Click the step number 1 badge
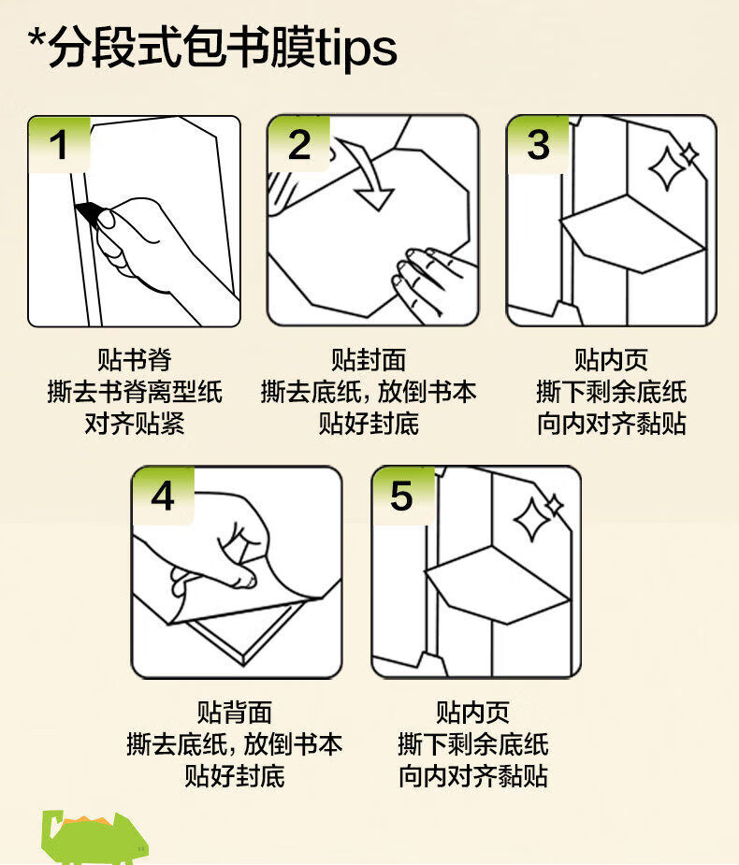tap(59, 145)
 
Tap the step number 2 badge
tap(298, 145)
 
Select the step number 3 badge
tap(538, 145)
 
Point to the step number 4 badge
tap(163, 496)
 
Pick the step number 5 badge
tap(402, 496)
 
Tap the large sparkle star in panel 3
tap(667, 169)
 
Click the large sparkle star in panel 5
tap(532, 520)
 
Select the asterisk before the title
tap(37, 41)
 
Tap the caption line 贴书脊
tap(135, 360)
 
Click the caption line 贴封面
tap(369, 360)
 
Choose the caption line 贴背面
tap(235, 712)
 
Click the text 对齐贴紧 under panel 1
tap(135, 424)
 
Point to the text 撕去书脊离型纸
tap(135, 392)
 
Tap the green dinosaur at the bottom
tap(94, 838)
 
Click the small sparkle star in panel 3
tap(689, 154)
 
